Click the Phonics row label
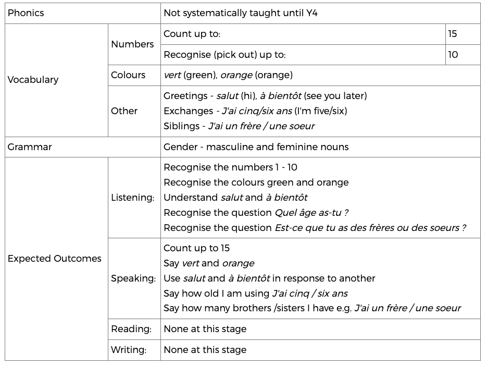[x=26, y=13]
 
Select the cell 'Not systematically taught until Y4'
[x=240, y=13]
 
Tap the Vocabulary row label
[x=33, y=80]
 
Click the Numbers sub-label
[x=132, y=44]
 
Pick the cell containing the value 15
[x=452, y=34]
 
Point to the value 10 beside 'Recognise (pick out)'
[x=453, y=54]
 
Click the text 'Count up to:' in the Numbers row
[x=192, y=34]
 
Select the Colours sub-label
[x=128, y=75]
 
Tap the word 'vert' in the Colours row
[x=172, y=75]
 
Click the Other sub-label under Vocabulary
[x=124, y=111]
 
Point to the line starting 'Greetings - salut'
[x=265, y=95]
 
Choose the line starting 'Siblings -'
[x=239, y=126]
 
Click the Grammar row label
[x=30, y=147]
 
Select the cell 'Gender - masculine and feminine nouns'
[x=256, y=147]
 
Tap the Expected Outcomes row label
[x=55, y=259]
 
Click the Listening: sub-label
[x=133, y=198]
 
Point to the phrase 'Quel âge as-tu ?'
[x=311, y=213]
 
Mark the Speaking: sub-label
[x=133, y=278]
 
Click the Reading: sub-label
[x=131, y=329]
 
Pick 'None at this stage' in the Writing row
[x=205, y=350]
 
